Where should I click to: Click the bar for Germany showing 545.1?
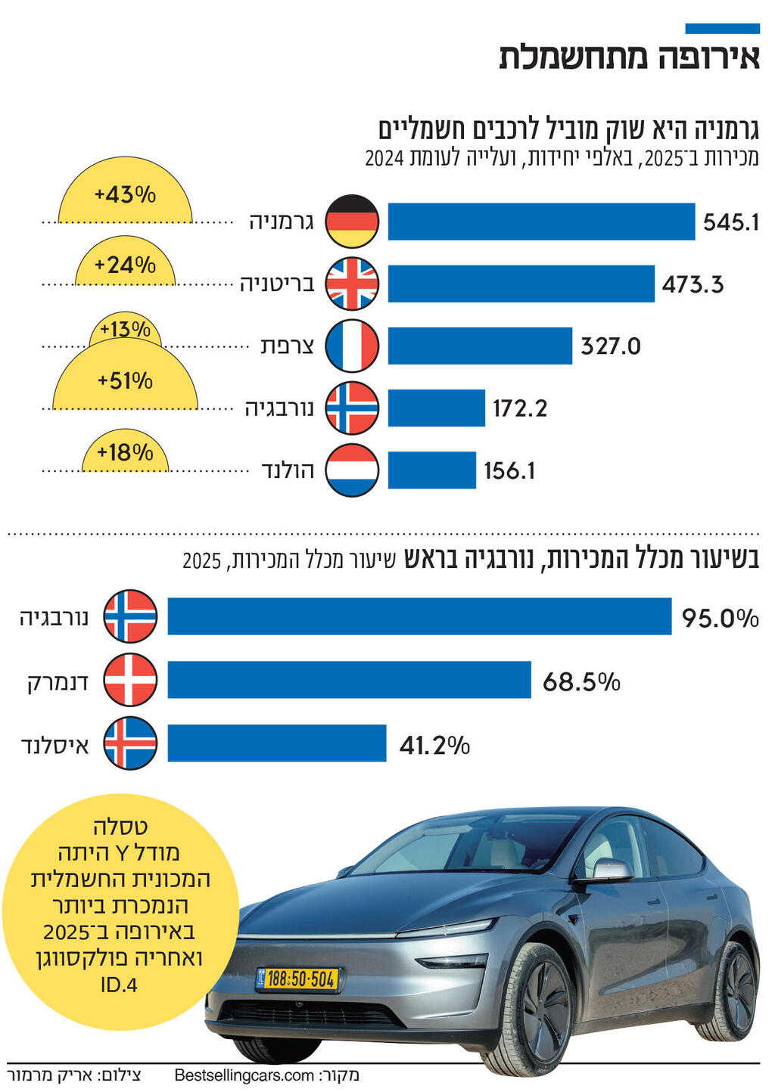[541, 222]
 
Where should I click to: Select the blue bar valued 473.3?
[521, 284]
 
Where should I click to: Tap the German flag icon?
[352, 222]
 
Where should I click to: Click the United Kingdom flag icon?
[352, 284]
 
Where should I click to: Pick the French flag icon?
[352, 346]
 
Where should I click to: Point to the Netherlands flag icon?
[352, 470]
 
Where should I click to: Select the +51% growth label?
[125, 380]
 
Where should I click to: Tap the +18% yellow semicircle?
[125, 454]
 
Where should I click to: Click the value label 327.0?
[610, 346]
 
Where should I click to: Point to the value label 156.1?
[509, 471]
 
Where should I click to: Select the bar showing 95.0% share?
[419, 616]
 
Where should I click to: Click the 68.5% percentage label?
[581, 682]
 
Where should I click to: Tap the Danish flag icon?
[130, 680]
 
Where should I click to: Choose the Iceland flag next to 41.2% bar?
[130, 743]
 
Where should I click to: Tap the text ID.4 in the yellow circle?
[119, 985]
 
